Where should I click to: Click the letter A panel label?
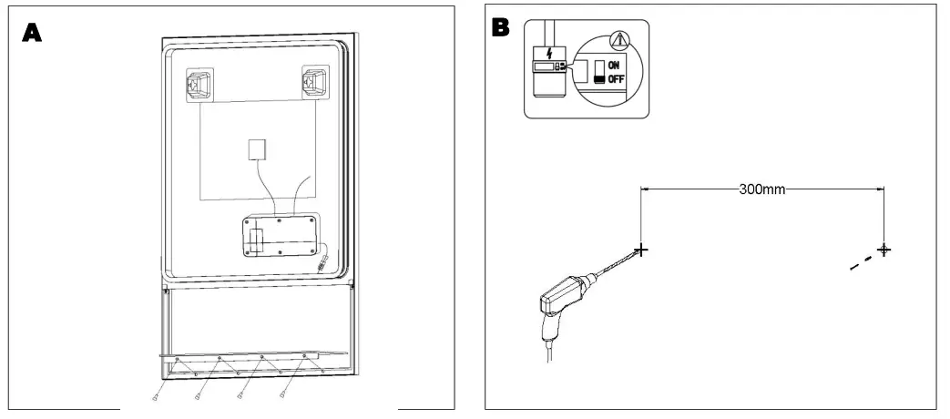click(32, 33)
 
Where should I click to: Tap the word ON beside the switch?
click(616, 66)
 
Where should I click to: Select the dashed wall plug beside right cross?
click(859, 263)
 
